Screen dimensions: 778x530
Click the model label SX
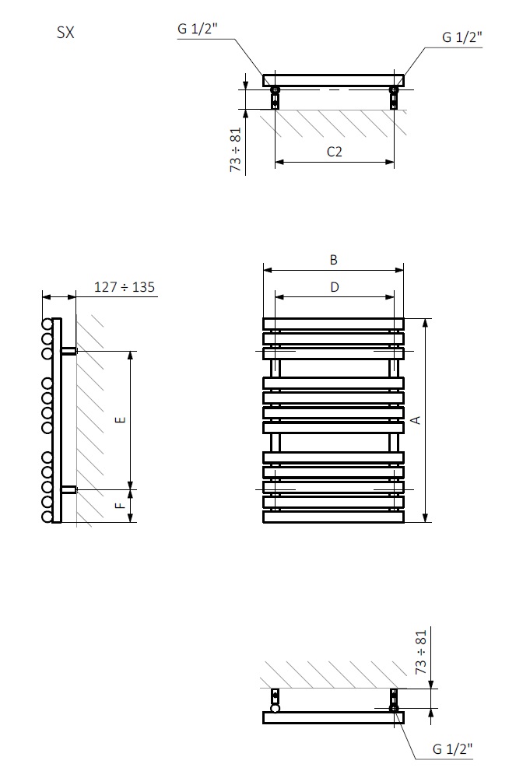pyautogui.click(x=65, y=33)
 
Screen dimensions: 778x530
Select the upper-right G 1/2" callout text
pyautogui.click(x=462, y=37)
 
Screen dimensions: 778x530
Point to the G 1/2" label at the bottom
pyautogui.click(x=452, y=748)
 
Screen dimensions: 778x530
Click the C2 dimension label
pyautogui.click(x=334, y=152)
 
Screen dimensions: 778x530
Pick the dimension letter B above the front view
pyautogui.click(x=333, y=260)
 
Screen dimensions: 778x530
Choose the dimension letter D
pyautogui.click(x=334, y=287)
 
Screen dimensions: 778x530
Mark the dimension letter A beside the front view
pyautogui.click(x=416, y=420)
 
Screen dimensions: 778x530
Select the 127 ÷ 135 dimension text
pyautogui.click(x=125, y=287)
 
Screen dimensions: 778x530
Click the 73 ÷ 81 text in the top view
pyautogui.click(x=236, y=149)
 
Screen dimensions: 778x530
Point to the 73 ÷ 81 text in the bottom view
pyautogui.click(x=421, y=654)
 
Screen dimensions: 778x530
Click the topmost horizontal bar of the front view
pyautogui.click(x=333, y=324)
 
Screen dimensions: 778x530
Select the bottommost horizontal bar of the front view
pyautogui.click(x=333, y=517)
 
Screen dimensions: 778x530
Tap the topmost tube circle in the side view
pyautogui.click(x=47, y=324)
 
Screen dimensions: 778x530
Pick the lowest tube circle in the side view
pyautogui.click(x=47, y=517)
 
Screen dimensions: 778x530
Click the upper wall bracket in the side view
pyautogui.click(x=68, y=351)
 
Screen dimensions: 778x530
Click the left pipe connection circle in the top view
pyautogui.click(x=275, y=89)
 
